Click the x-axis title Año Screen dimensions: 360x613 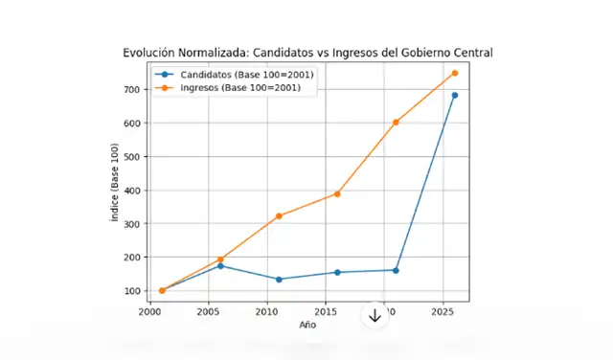click(x=306, y=326)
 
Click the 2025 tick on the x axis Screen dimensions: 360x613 click(x=443, y=312)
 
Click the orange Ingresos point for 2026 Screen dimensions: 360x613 click(x=454, y=73)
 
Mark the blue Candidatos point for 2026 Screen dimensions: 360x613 click(x=454, y=95)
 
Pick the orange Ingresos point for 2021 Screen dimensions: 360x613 click(x=396, y=123)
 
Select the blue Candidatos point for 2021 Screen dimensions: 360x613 click(x=396, y=270)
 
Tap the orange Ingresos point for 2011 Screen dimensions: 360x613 click(x=279, y=216)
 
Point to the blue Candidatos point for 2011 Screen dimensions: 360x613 click(x=279, y=280)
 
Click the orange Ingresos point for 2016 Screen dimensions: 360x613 click(x=337, y=193)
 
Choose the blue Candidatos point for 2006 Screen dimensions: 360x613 click(x=220, y=265)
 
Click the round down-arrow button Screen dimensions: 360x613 click(x=375, y=315)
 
